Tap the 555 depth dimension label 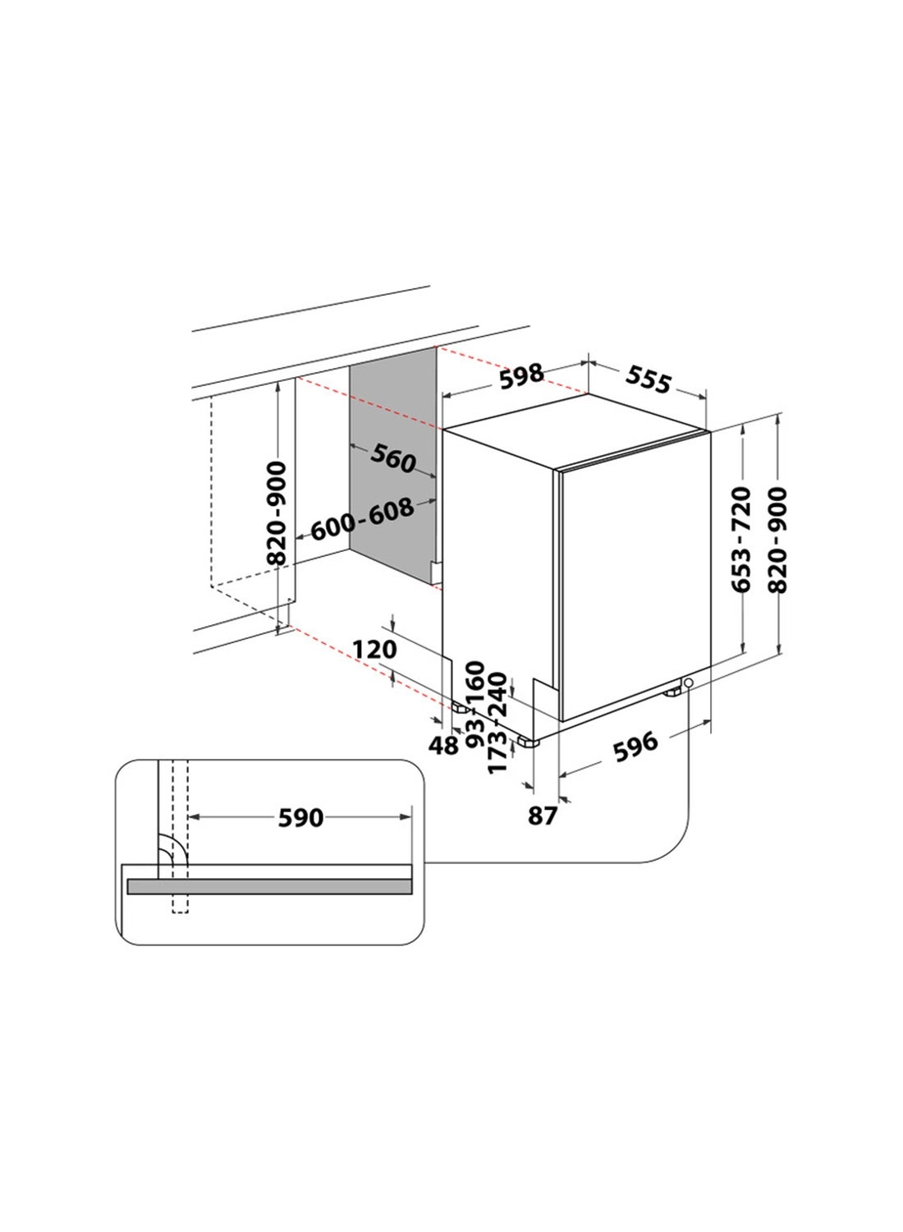point(649,379)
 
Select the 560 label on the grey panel point(392,457)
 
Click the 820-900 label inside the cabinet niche point(277,513)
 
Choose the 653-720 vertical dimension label point(741,539)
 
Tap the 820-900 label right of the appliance point(777,539)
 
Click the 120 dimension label point(374,650)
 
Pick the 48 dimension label point(444,745)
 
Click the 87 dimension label point(543,816)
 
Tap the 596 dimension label point(636,743)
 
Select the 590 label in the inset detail point(300,817)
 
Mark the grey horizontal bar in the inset point(269,886)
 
